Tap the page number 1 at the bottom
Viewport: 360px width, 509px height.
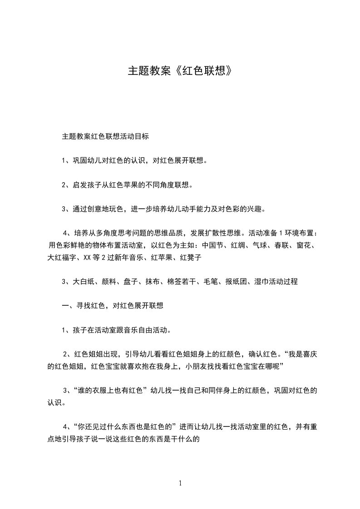coord(180,483)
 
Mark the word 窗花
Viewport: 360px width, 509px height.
coord(310,246)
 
